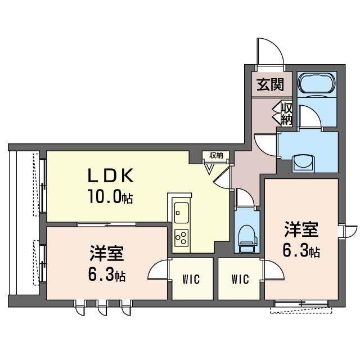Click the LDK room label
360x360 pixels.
pos(110,177)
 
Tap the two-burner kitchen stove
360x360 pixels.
pos(181,237)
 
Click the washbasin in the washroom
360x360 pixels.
pos(307,160)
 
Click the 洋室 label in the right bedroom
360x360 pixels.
pos(301,230)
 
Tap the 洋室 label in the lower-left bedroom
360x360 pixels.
pos(106,254)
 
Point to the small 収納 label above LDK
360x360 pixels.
pos(216,155)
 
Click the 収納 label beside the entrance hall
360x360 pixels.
pos(286,112)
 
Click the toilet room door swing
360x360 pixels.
pos(243,198)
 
